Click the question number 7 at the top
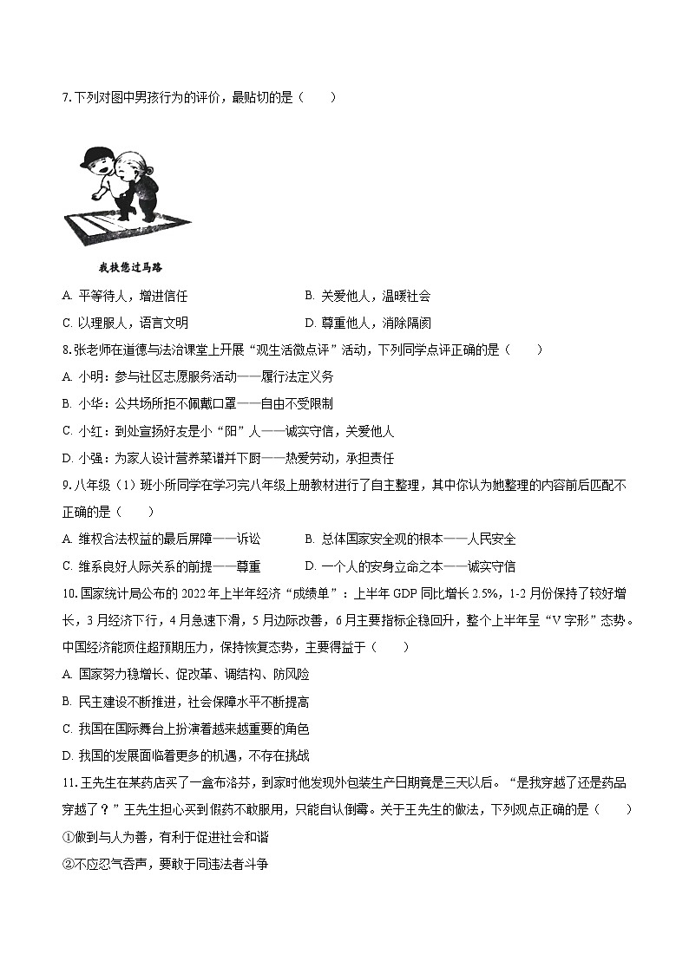tap(66, 97)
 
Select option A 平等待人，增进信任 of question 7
tap(125, 296)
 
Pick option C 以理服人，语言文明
tap(125, 323)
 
